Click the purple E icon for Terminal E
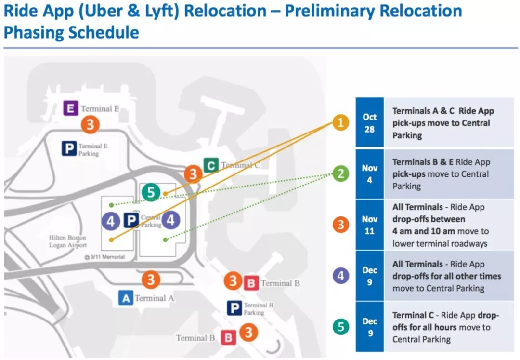71,108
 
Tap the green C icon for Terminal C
210,165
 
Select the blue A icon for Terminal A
126,298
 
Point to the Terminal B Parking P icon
234,308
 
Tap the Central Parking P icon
131,221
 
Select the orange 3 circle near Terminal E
90,125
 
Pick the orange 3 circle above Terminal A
151,279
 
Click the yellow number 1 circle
340,123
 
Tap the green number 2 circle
340,174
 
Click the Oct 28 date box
369,123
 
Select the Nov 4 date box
369,174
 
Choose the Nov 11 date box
369,225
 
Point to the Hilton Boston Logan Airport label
68,241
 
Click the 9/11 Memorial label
104,257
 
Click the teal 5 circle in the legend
340,327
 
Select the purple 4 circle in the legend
340,276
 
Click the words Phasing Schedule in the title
71,32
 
